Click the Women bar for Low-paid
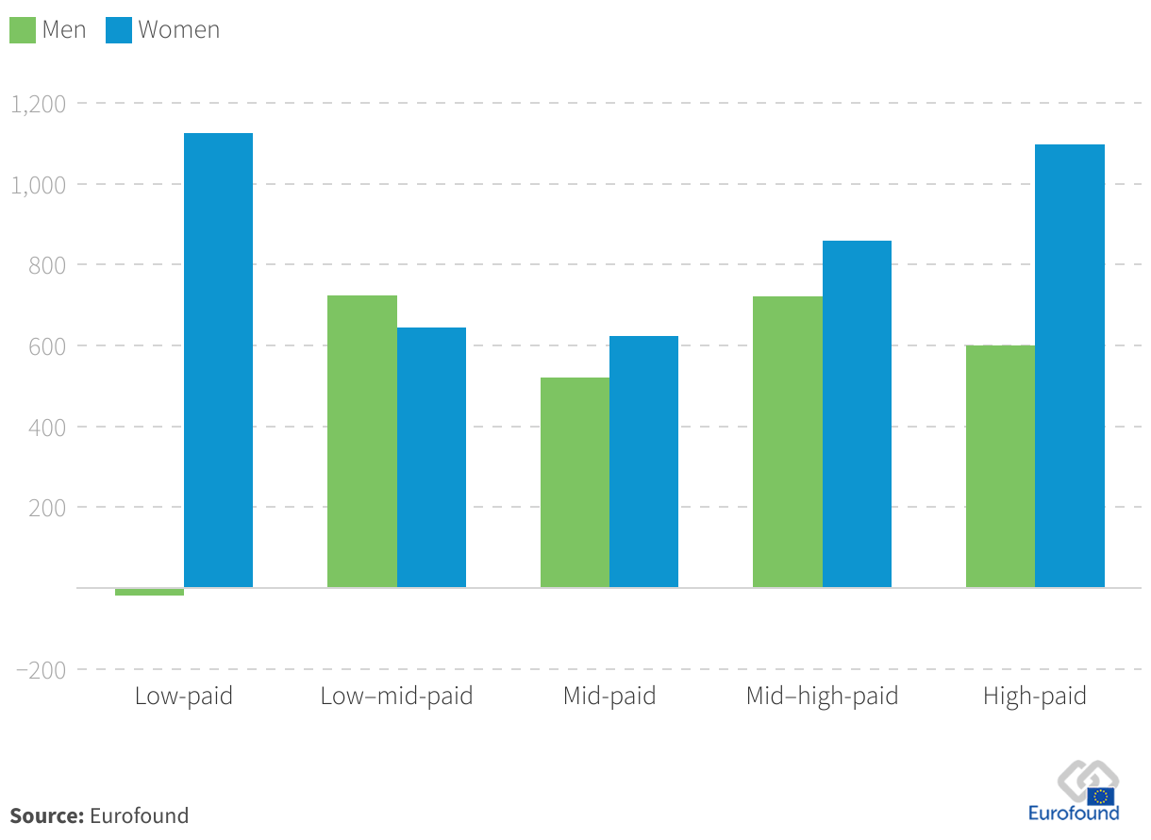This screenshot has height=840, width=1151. pyautogui.click(x=218, y=361)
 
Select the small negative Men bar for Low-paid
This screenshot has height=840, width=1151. pyautogui.click(x=149, y=592)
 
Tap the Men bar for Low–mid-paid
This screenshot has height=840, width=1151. pyautogui.click(x=362, y=442)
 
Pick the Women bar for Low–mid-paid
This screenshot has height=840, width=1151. pyautogui.click(x=431, y=458)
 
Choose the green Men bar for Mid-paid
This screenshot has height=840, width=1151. pyautogui.click(x=575, y=482)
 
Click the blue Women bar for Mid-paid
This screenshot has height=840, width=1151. pyautogui.click(x=643, y=462)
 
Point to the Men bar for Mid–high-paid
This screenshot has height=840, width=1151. pyautogui.click(x=788, y=442)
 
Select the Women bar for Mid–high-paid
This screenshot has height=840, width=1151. pyautogui.click(x=857, y=414)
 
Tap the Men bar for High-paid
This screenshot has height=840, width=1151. pyautogui.click(x=1000, y=466)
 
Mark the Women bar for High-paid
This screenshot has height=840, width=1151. pyautogui.click(x=1070, y=366)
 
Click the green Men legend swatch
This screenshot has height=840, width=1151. pyautogui.click(x=23, y=30)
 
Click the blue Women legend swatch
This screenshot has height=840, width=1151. pyautogui.click(x=119, y=30)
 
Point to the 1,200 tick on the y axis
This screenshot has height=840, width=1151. pyautogui.click(x=38, y=103)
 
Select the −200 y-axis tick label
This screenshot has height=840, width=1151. pyautogui.click(x=41, y=669)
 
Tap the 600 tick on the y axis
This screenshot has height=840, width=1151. pyautogui.click(x=48, y=345)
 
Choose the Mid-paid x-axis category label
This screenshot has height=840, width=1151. pyautogui.click(x=609, y=697)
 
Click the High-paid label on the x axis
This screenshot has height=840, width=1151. pyautogui.click(x=1035, y=697)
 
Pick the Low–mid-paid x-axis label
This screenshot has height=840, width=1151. pyautogui.click(x=396, y=697)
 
